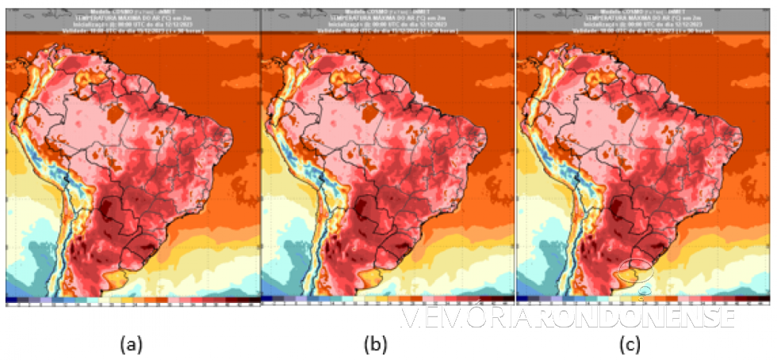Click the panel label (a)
[130, 344]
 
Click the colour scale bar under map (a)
[132, 300]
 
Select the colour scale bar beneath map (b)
[388, 300]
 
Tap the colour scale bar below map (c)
[643, 300]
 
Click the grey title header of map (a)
[132, 20]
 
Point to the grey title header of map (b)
[388, 20]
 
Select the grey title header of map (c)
[643, 20]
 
